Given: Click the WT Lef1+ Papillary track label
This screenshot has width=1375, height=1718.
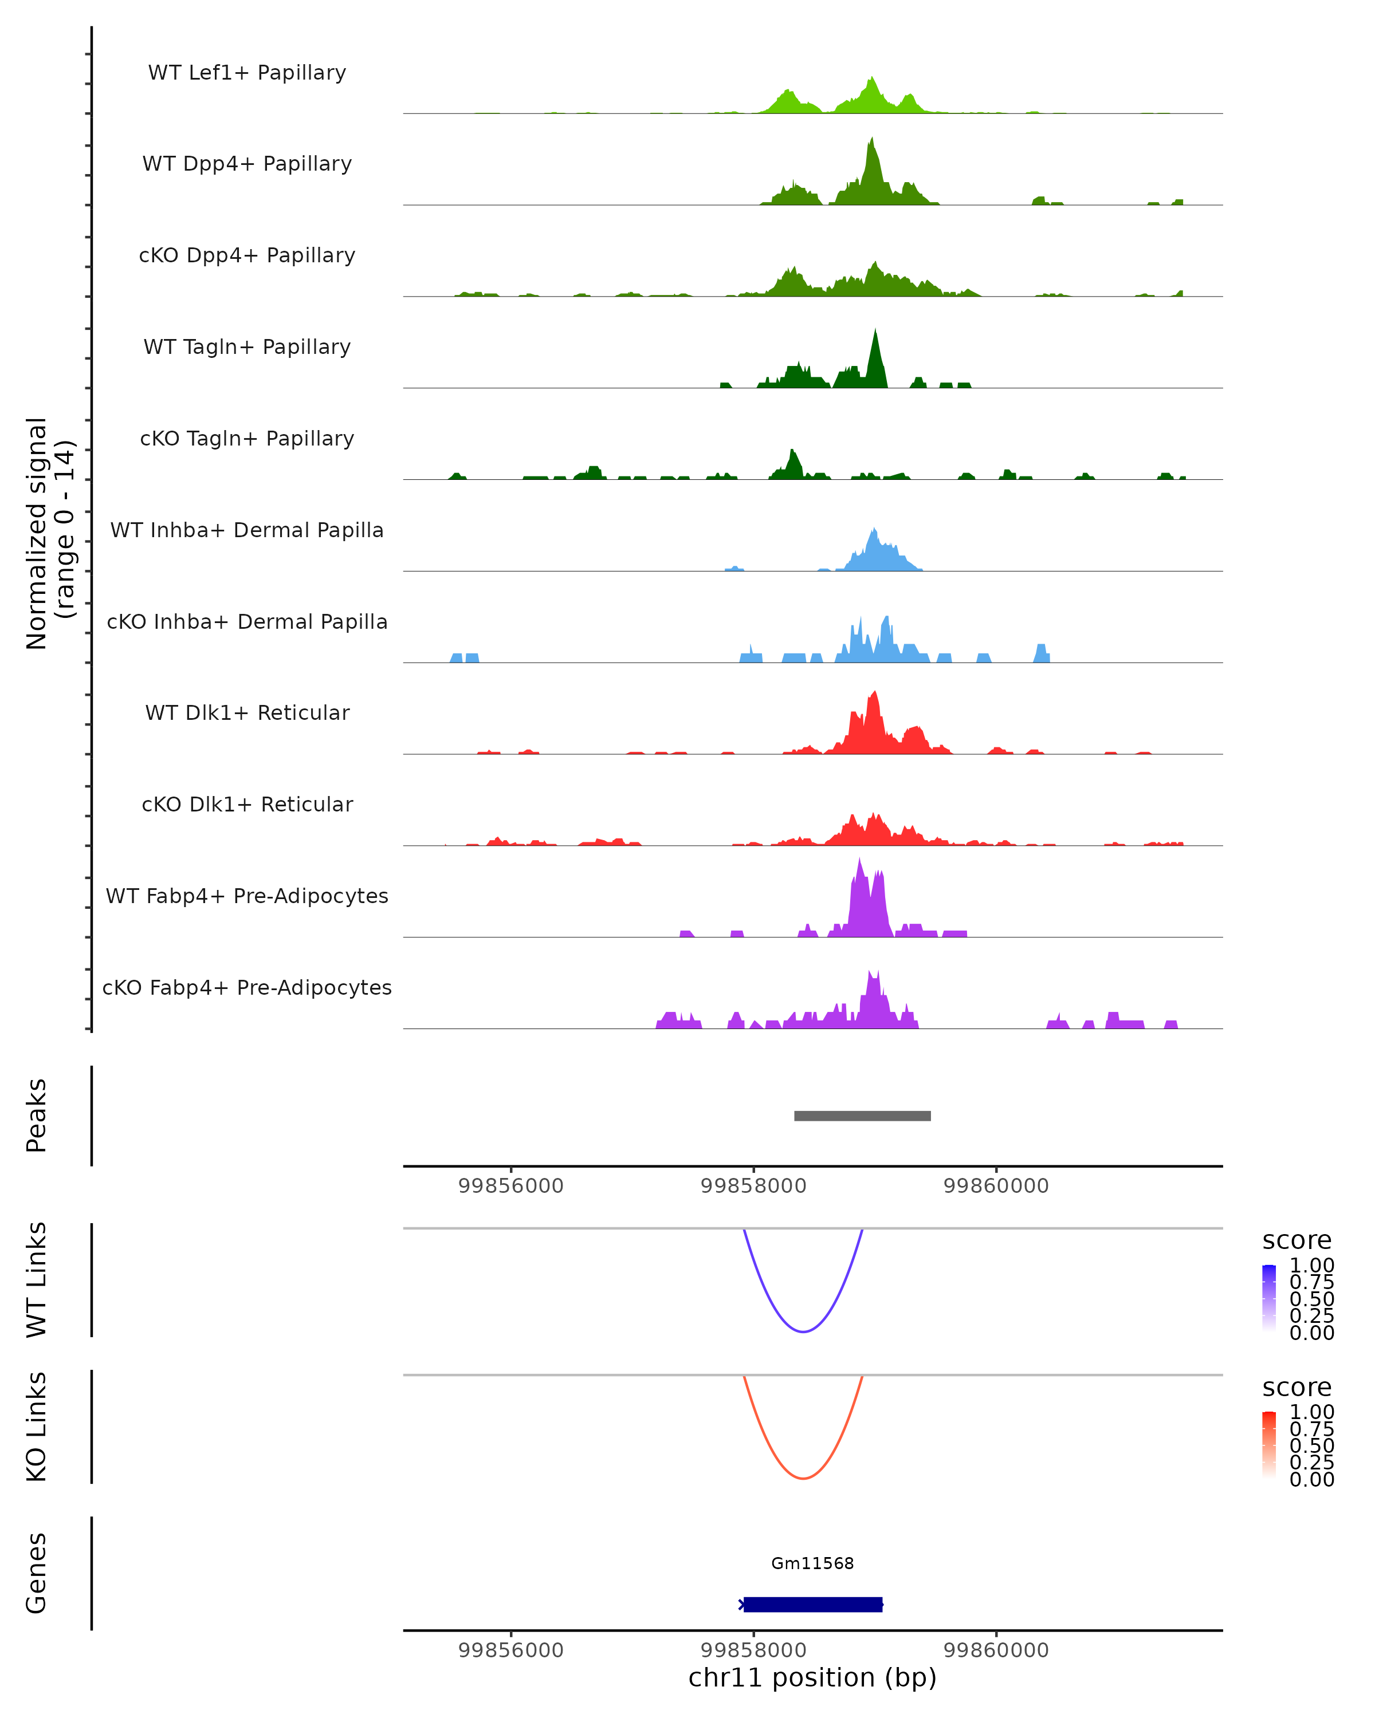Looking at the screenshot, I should click(x=247, y=73).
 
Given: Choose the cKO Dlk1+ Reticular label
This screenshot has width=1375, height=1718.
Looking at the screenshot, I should click(x=247, y=804).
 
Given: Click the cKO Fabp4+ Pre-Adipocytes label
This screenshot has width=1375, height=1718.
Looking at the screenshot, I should click(x=247, y=987).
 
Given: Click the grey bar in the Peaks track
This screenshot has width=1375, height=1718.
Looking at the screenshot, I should click(x=862, y=1116).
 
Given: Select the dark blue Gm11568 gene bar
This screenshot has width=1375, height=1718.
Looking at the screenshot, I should click(x=813, y=1604).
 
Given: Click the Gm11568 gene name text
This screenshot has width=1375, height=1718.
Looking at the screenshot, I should click(x=812, y=1563).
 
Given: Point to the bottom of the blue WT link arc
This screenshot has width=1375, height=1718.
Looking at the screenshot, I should click(x=803, y=1331).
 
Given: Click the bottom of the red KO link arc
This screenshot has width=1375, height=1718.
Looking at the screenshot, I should click(x=803, y=1478).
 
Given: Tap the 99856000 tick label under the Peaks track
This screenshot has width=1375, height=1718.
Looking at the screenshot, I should click(x=511, y=1186).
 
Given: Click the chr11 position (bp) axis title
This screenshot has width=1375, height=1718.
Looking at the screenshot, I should click(x=812, y=1678).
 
